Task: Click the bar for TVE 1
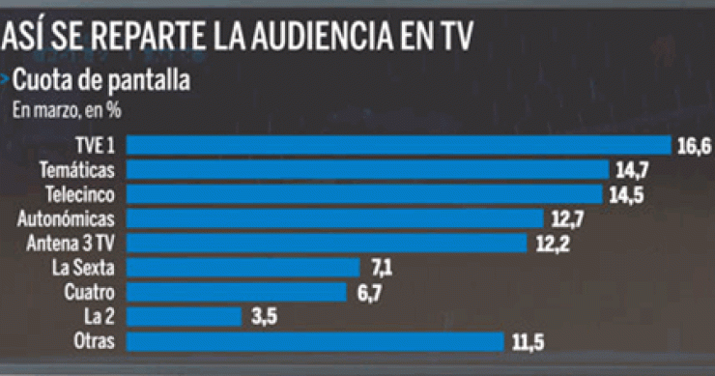click(399, 145)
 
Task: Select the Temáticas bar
click(368, 169)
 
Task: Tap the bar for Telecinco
click(365, 193)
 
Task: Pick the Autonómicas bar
click(335, 218)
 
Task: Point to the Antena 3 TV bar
click(328, 243)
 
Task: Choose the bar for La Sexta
click(243, 267)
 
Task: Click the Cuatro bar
click(237, 291)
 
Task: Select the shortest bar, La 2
click(184, 316)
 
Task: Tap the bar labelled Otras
click(316, 340)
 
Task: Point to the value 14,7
click(632, 170)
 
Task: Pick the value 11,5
click(528, 341)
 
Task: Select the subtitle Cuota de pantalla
click(100, 80)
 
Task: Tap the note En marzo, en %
click(66, 109)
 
